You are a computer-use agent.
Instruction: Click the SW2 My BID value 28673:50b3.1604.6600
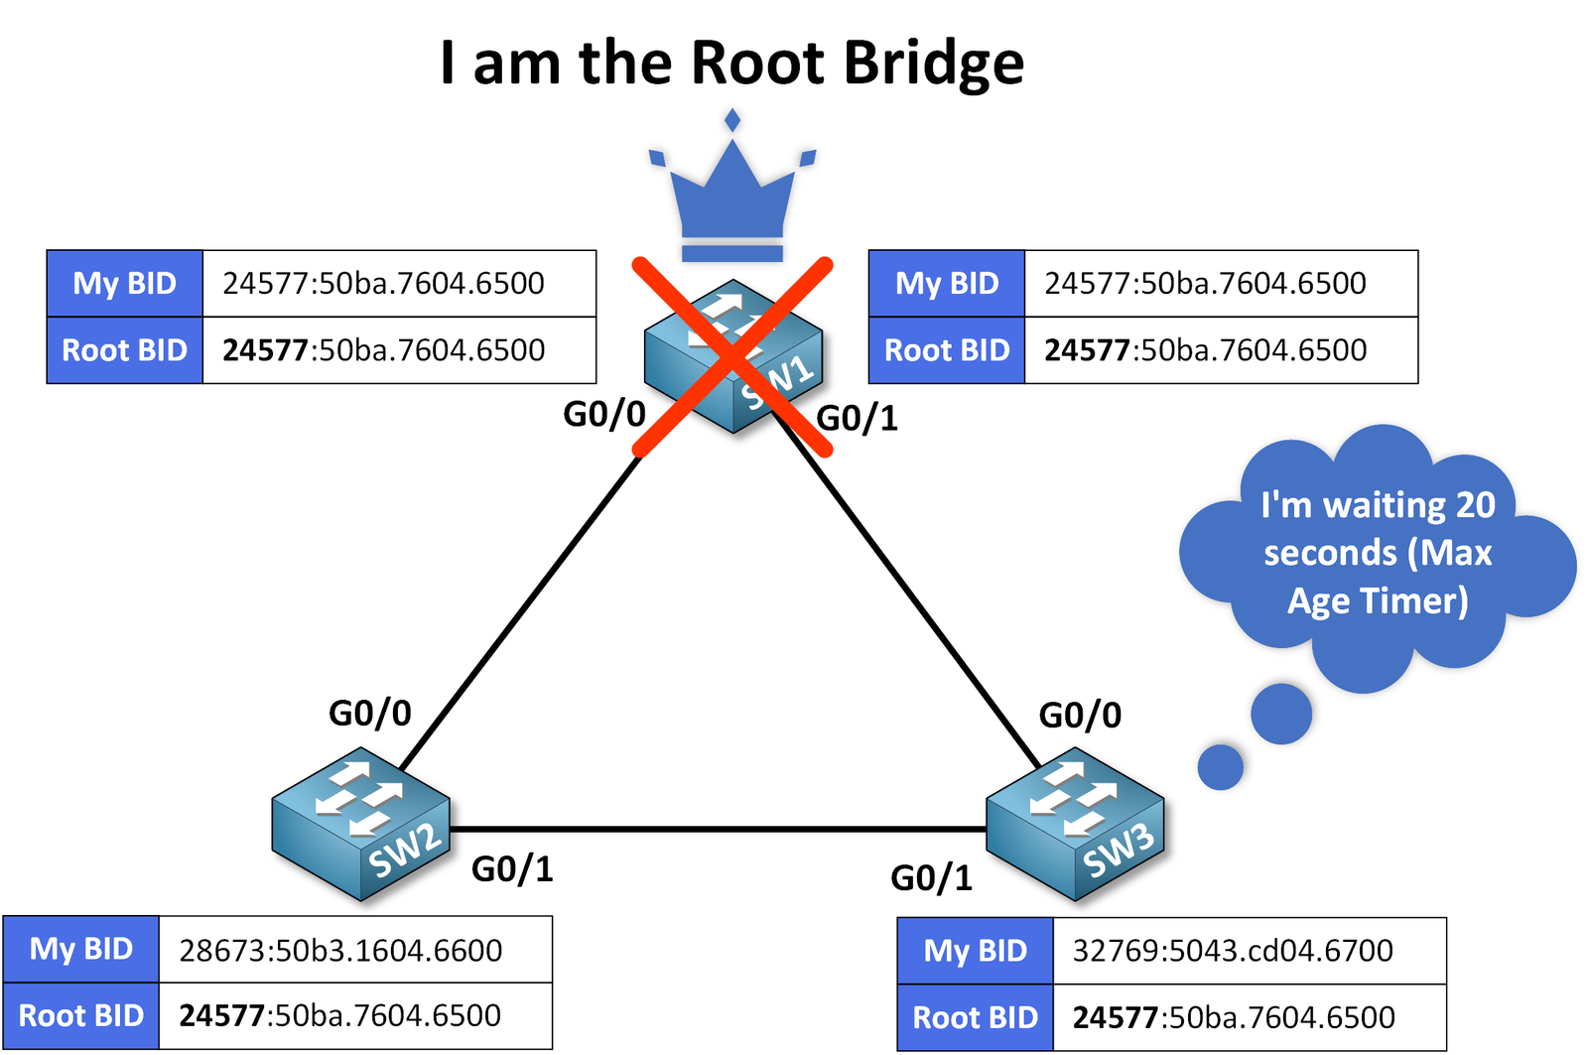click(340, 951)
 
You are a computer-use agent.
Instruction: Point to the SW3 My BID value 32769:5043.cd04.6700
click(1233, 951)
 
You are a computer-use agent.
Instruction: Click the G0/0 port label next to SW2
click(369, 713)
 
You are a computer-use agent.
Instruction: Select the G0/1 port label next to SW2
click(511, 869)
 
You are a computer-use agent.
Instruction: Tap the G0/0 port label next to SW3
click(1079, 715)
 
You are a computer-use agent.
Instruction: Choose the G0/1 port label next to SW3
click(931, 878)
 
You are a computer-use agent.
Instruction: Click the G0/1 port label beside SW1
click(857, 419)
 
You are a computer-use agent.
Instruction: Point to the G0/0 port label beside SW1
click(604, 414)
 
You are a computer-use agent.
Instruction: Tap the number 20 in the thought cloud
click(1474, 505)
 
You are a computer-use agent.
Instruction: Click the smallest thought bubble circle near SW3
click(1220, 767)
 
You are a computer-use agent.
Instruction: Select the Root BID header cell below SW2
click(81, 1016)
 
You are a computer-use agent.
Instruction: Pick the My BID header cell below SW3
click(975, 951)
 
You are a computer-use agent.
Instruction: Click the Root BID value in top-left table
click(383, 350)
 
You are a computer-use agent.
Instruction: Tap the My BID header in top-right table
click(946, 284)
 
